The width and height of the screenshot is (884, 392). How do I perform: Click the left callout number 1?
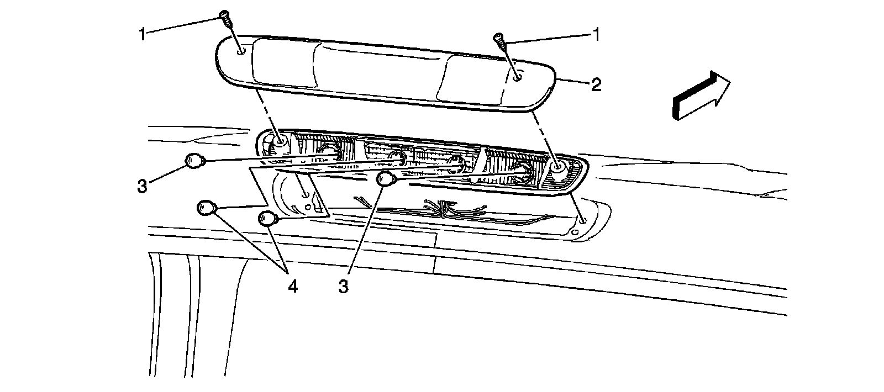[143, 34]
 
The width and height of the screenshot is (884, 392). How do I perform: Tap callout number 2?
[596, 84]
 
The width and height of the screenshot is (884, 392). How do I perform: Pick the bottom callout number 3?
[344, 287]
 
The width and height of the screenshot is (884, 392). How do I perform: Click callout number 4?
[292, 287]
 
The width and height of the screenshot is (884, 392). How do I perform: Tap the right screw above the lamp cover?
[498, 40]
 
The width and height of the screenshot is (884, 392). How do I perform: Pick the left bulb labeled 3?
[194, 161]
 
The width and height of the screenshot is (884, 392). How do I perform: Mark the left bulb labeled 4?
[206, 208]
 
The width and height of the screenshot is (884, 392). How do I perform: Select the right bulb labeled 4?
[267, 219]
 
